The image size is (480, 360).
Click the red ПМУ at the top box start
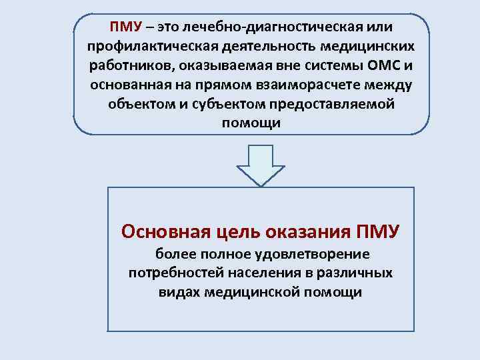pos(125,27)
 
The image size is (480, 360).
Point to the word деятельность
pos(260,47)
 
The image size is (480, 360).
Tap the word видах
pos(180,292)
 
